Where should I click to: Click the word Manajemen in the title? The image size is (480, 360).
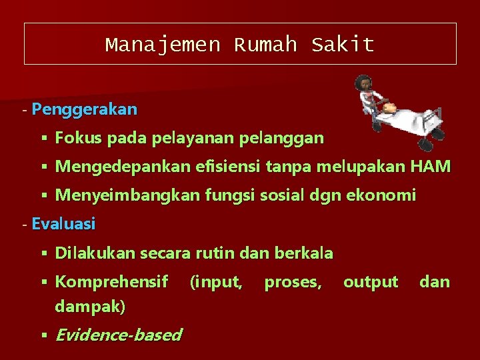tap(162, 45)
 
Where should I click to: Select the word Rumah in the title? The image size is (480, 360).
tap(265, 45)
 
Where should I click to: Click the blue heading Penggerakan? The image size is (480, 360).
tap(84, 109)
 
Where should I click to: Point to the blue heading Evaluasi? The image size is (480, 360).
tap(63, 224)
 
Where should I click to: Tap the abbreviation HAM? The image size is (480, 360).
tap(431, 167)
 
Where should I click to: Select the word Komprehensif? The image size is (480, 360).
tap(111, 282)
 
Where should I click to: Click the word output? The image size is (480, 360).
tap(371, 282)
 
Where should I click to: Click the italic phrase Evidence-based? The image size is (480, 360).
tap(118, 335)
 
